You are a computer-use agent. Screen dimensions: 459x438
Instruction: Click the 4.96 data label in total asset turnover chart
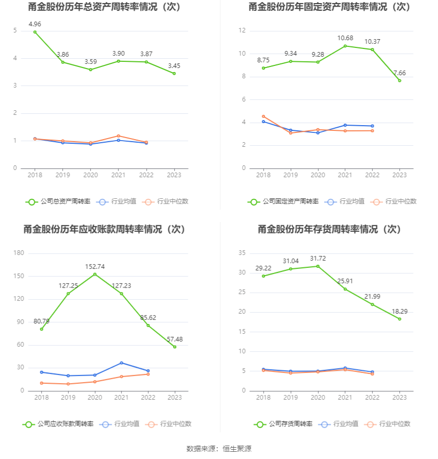35,24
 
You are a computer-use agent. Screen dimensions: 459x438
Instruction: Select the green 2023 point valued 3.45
174,74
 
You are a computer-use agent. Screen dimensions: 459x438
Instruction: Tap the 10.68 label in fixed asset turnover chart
345,38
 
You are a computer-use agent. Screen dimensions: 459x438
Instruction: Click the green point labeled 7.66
399,80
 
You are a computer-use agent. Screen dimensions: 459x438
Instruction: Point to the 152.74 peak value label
94,266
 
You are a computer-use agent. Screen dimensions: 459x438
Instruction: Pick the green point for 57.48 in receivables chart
175,347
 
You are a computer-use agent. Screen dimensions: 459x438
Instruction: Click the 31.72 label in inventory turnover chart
317,258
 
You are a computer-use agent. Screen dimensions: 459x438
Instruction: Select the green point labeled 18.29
399,319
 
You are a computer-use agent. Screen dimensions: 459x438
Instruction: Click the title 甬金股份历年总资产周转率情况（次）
105,7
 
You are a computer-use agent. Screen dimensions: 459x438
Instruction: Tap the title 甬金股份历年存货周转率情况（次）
330,229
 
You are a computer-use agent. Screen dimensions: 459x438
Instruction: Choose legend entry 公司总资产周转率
58,201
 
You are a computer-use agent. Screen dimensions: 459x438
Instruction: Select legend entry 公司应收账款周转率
58,424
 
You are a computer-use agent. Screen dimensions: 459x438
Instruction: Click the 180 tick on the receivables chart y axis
19,253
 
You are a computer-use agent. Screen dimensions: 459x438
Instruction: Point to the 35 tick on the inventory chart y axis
242,253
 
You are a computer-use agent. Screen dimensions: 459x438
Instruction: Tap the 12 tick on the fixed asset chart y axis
242,31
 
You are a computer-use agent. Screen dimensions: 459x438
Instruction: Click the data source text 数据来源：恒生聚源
218,449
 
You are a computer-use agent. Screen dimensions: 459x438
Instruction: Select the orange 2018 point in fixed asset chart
263,116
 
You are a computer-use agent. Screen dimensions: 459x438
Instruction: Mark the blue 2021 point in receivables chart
121,363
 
